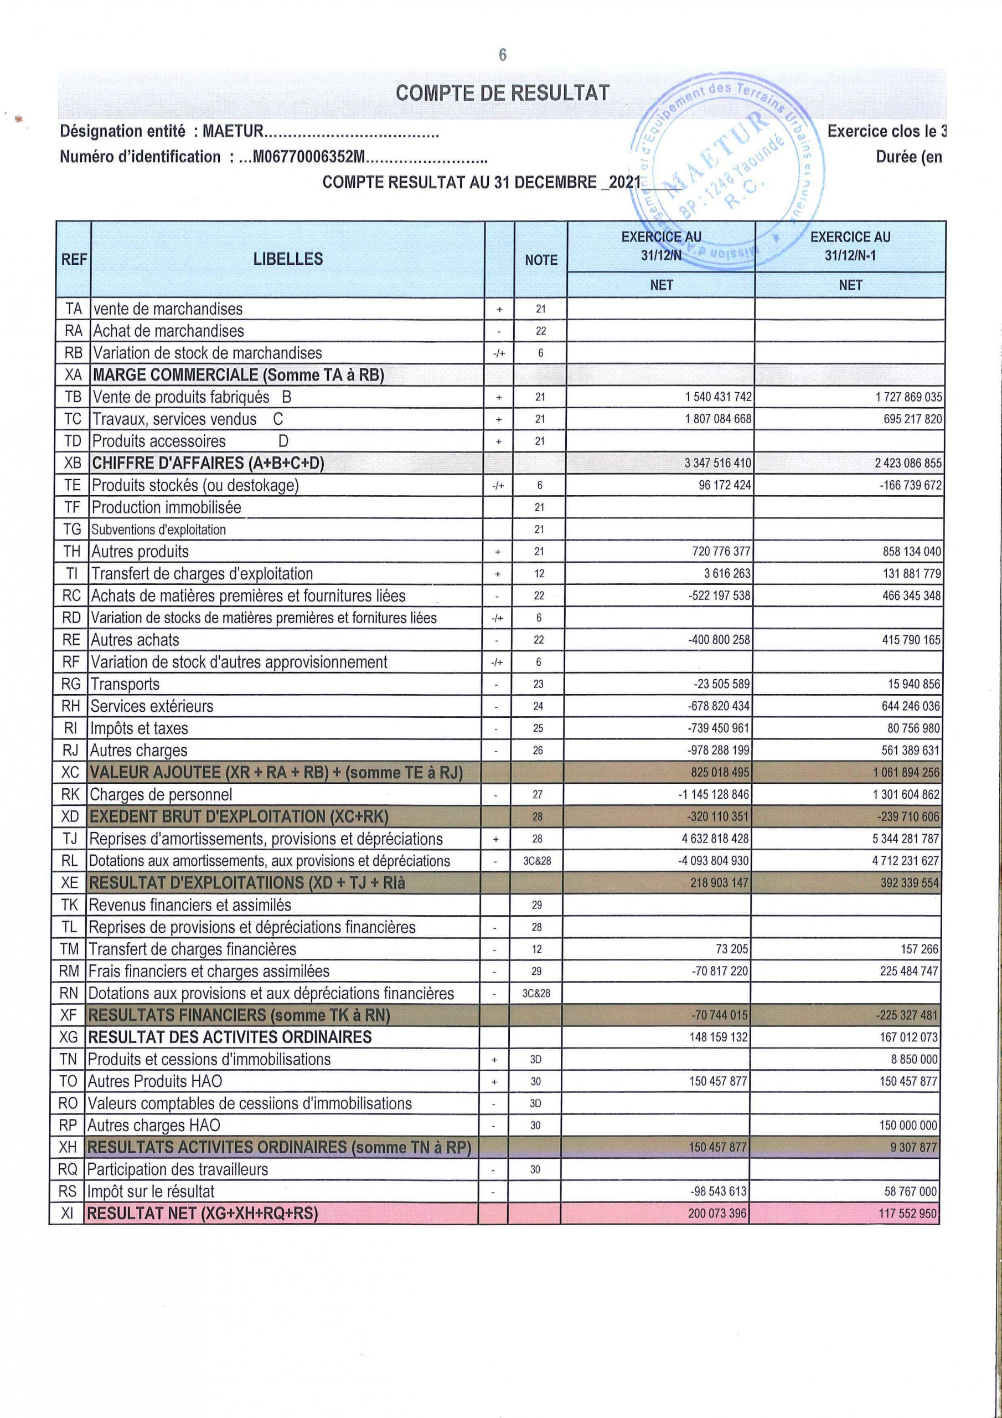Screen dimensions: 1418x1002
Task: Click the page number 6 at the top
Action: (502, 55)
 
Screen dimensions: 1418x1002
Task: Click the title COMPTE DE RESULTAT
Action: (502, 93)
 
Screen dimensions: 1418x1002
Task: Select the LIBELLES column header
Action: (288, 259)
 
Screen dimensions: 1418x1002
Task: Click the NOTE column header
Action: (541, 260)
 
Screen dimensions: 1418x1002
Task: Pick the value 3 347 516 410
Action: (717, 463)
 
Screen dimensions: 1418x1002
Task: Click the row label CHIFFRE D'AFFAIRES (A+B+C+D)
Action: (208, 463)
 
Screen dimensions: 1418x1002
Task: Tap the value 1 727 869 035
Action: (908, 397)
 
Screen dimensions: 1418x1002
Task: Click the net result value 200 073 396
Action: (717, 1214)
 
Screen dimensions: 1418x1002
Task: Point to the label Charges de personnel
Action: (161, 795)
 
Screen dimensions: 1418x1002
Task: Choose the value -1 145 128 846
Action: (714, 795)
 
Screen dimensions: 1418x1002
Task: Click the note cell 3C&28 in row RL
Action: (537, 861)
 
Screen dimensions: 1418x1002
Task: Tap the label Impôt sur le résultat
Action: (151, 1191)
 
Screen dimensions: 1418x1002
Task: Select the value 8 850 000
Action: (915, 1060)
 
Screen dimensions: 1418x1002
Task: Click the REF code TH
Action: (72, 552)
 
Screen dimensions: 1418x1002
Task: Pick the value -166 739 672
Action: (911, 485)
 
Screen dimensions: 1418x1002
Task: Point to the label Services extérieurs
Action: (151, 707)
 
